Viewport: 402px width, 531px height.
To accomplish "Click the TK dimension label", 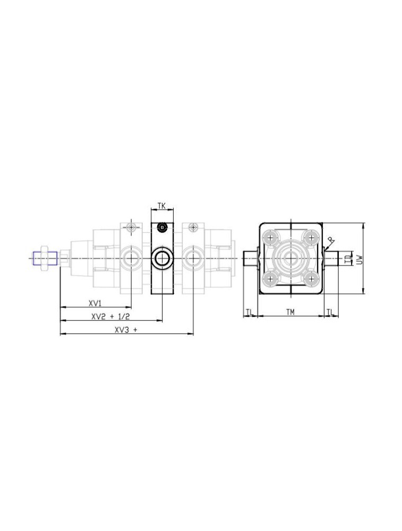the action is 161,205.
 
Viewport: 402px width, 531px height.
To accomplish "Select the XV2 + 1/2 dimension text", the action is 110,317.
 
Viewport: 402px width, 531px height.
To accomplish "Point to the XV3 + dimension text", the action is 126,330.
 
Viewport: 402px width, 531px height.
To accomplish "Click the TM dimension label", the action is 290,312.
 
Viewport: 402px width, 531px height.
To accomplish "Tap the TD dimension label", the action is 347,259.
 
